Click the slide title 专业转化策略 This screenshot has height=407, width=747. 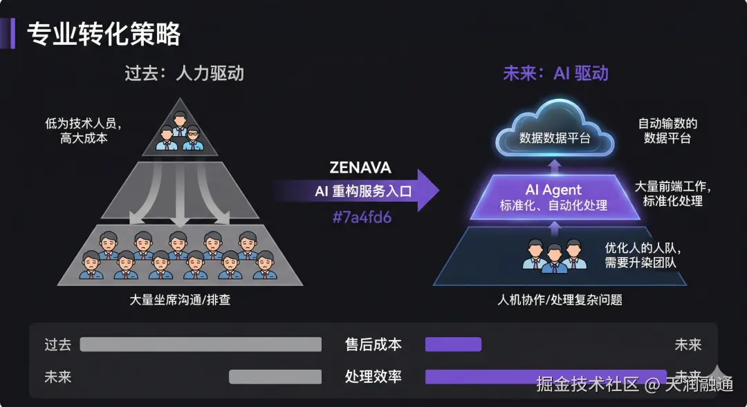103,34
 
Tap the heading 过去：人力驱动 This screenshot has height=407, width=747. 184,74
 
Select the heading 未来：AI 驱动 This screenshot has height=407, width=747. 555,74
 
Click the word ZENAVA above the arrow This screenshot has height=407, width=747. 360,168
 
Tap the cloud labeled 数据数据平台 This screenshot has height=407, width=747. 555,131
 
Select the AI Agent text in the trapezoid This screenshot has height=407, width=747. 553,190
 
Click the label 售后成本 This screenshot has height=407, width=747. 373,345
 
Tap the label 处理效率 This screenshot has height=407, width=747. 373,377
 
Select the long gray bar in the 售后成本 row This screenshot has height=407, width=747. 201,345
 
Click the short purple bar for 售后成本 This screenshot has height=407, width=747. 453,345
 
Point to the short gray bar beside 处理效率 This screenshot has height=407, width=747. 275,377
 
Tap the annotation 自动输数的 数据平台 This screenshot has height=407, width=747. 667,131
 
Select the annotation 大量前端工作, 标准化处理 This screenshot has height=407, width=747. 672,193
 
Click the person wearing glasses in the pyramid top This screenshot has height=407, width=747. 193,138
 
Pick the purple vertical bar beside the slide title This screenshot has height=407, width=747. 12,34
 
